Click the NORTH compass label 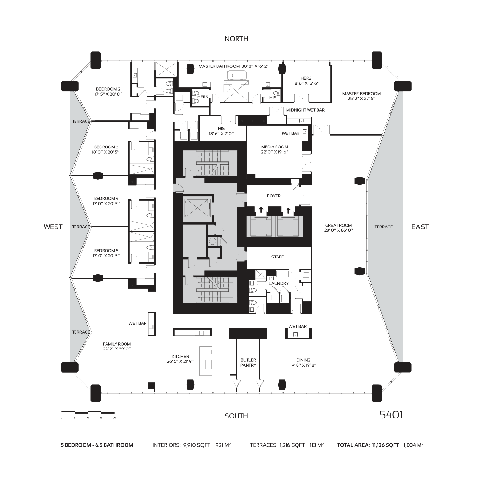point(236,39)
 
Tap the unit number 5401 point(391,415)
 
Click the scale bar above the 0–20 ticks point(88,412)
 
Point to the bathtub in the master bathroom point(237,76)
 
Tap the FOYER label point(274,196)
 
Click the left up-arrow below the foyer point(261,210)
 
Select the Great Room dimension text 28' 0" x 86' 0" point(338,230)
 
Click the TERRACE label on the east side point(384,227)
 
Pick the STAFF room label point(277,257)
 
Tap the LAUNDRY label point(279,283)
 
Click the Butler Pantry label point(248,363)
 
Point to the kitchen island point(206,361)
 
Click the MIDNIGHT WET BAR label point(305,110)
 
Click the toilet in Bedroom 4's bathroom point(149,215)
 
